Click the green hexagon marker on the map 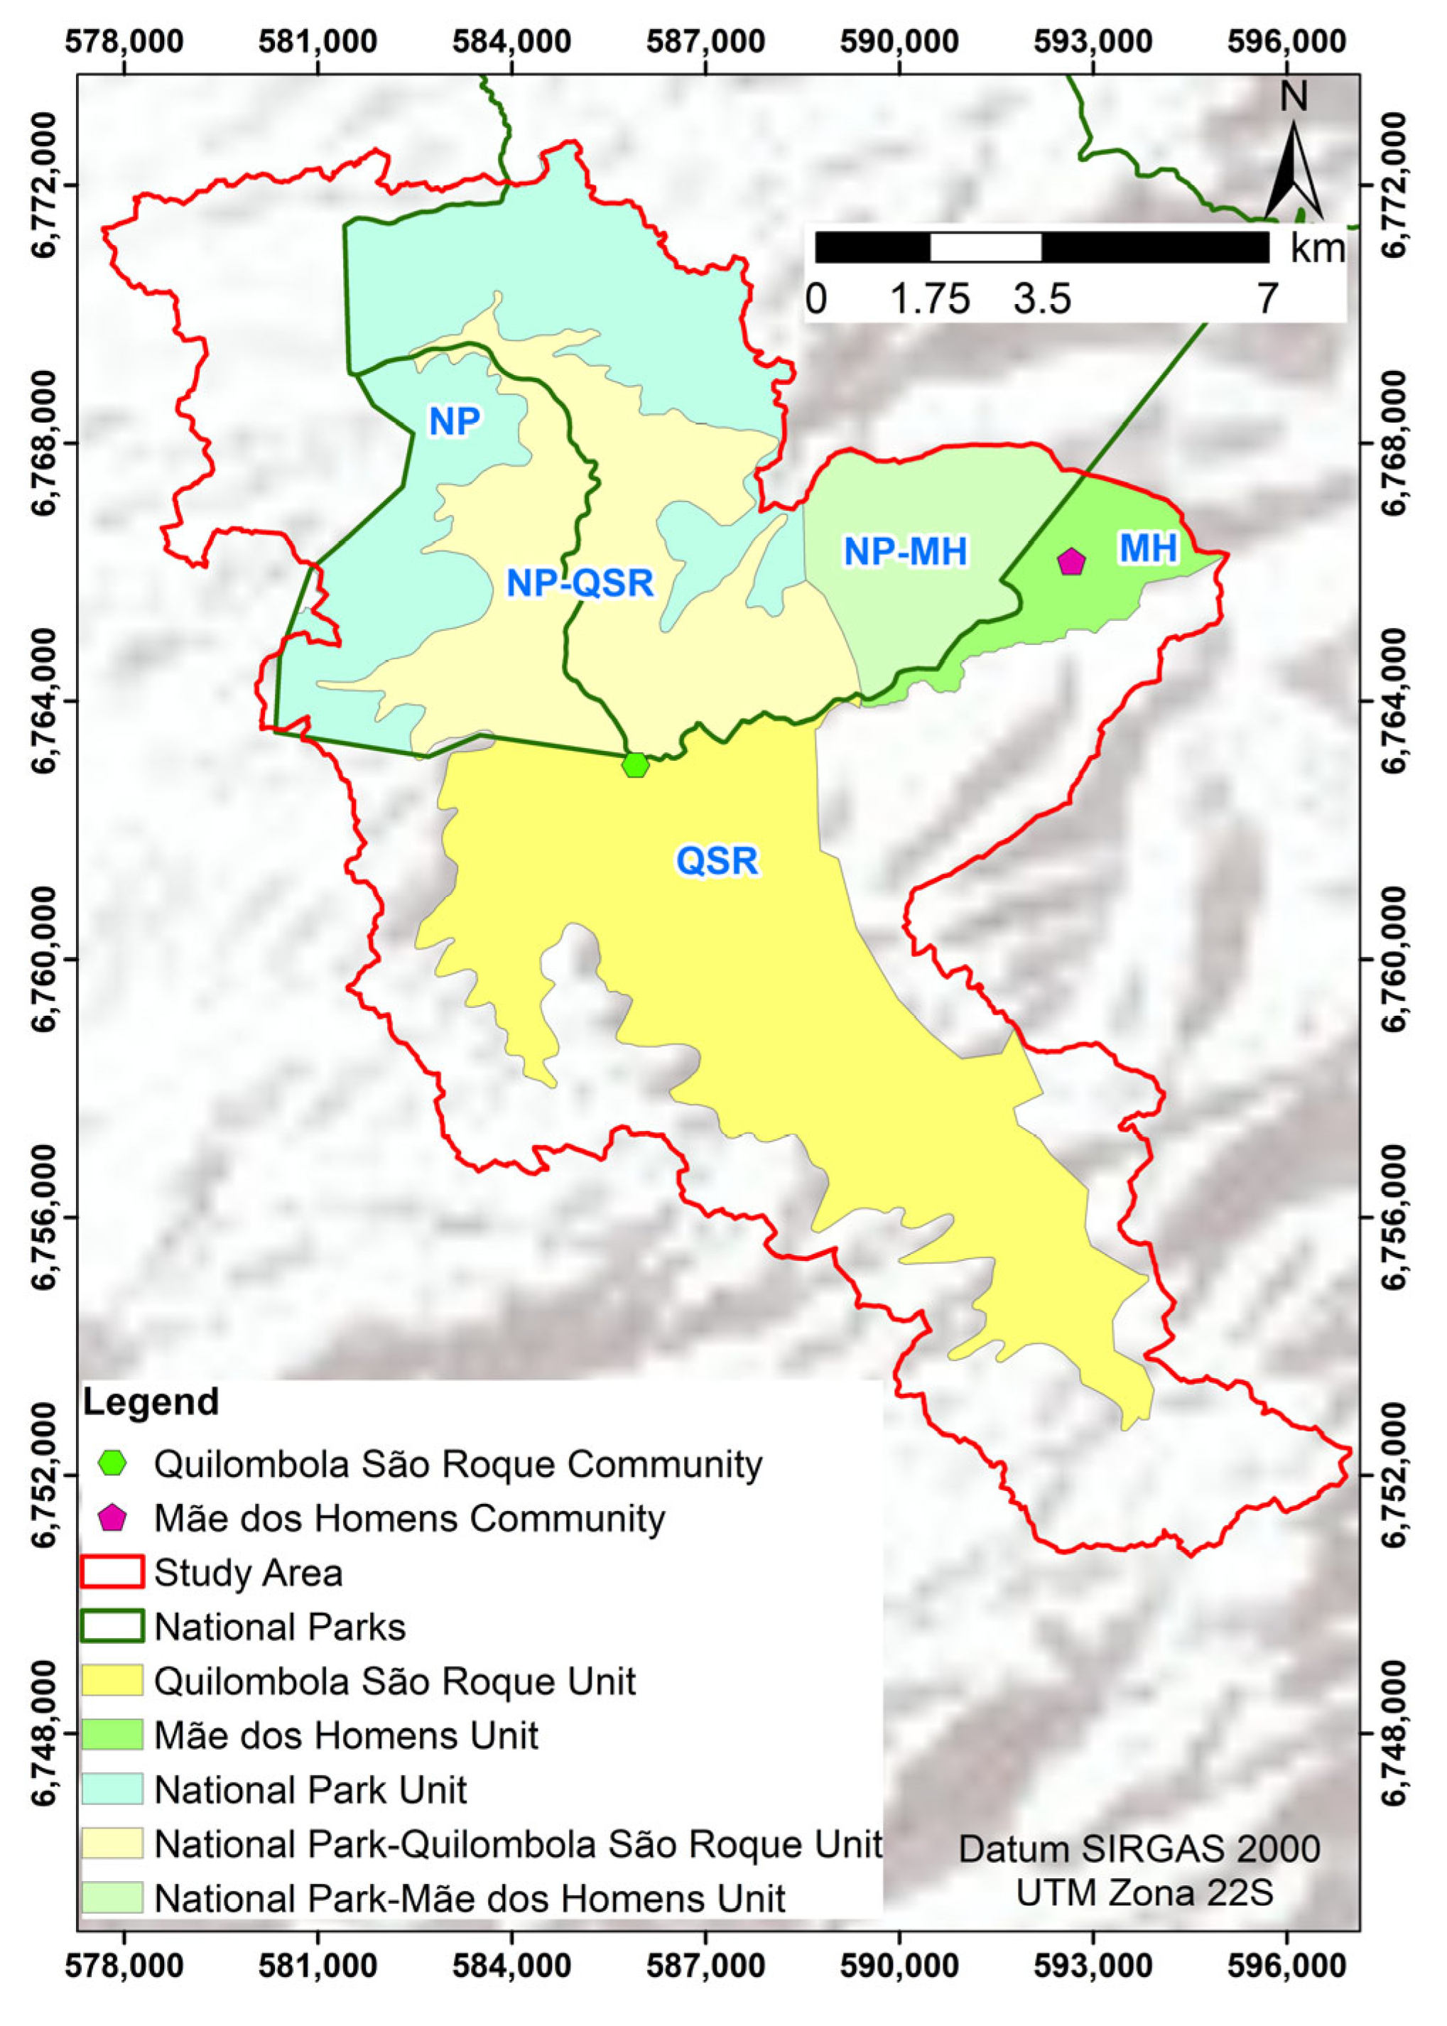634,764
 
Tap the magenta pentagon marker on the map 1071,562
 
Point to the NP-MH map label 905,553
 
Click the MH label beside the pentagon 1149,549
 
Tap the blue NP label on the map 455,421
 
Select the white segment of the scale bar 985,247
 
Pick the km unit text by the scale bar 1317,249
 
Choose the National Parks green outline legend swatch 112,1627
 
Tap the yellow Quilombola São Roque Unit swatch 112,1681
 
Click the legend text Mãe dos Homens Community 409,1518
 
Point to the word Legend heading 151,1402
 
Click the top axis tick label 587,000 705,41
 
